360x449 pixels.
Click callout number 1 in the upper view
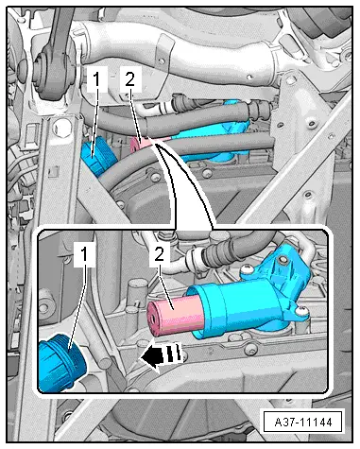(x=97, y=79)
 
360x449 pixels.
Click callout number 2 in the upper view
(x=130, y=79)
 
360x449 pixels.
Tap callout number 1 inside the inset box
(x=84, y=255)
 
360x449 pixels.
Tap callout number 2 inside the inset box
(x=160, y=254)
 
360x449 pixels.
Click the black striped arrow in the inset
(x=162, y=356)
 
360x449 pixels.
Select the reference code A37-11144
(x=303, y=422)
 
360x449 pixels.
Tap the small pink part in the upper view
(x=139, y=145)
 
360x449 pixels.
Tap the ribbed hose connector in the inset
(x=214, y=253)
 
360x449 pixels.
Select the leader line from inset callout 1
(x=77, y=307)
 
